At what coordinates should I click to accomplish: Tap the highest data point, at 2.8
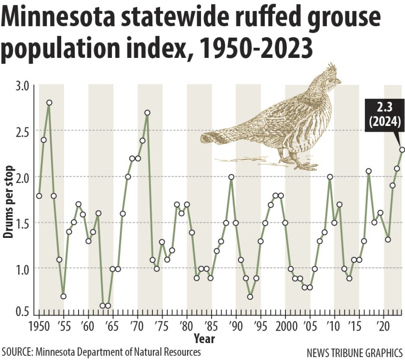[49, 103]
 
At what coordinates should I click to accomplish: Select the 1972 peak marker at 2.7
[148, 113]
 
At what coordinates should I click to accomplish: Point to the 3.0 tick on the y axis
[23, 85]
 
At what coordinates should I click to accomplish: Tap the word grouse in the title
[336, 20]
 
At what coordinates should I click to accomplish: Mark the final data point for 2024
[402, 150]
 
